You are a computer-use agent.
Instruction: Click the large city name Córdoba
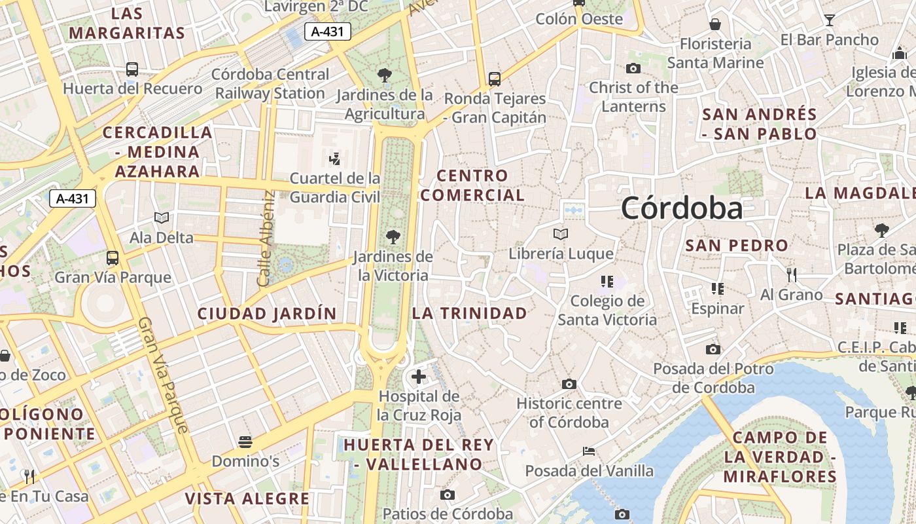coord(682,208)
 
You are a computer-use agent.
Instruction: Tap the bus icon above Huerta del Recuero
coord(132,69)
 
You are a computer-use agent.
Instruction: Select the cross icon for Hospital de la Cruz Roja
coord(419,377)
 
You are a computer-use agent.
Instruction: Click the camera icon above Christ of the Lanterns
coord(633,68)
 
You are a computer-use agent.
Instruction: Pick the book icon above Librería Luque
coord(561,234)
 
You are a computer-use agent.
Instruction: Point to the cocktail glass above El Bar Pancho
coord(830,20)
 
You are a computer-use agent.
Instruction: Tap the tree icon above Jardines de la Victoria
coord(393,236)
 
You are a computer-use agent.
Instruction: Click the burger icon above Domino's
coord(245,442)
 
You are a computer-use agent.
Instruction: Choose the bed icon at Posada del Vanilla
coord(589,451)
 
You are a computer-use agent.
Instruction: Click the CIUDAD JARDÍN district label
coord(267,314)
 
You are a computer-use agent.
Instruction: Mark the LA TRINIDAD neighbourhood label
coord(469,313)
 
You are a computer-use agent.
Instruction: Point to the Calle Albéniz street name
coord(265,238)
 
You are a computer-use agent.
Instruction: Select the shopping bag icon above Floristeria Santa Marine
coord(715,24)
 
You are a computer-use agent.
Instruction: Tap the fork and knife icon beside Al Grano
coord(791,274)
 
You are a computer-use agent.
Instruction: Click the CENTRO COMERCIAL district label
coord(472,185)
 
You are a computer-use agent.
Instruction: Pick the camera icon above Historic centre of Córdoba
coord(569,384)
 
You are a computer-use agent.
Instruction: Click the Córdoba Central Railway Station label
coord(270,84)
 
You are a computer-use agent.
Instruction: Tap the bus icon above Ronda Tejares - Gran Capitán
coord(495,79)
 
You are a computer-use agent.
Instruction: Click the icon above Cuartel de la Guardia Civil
coord(335,159)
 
